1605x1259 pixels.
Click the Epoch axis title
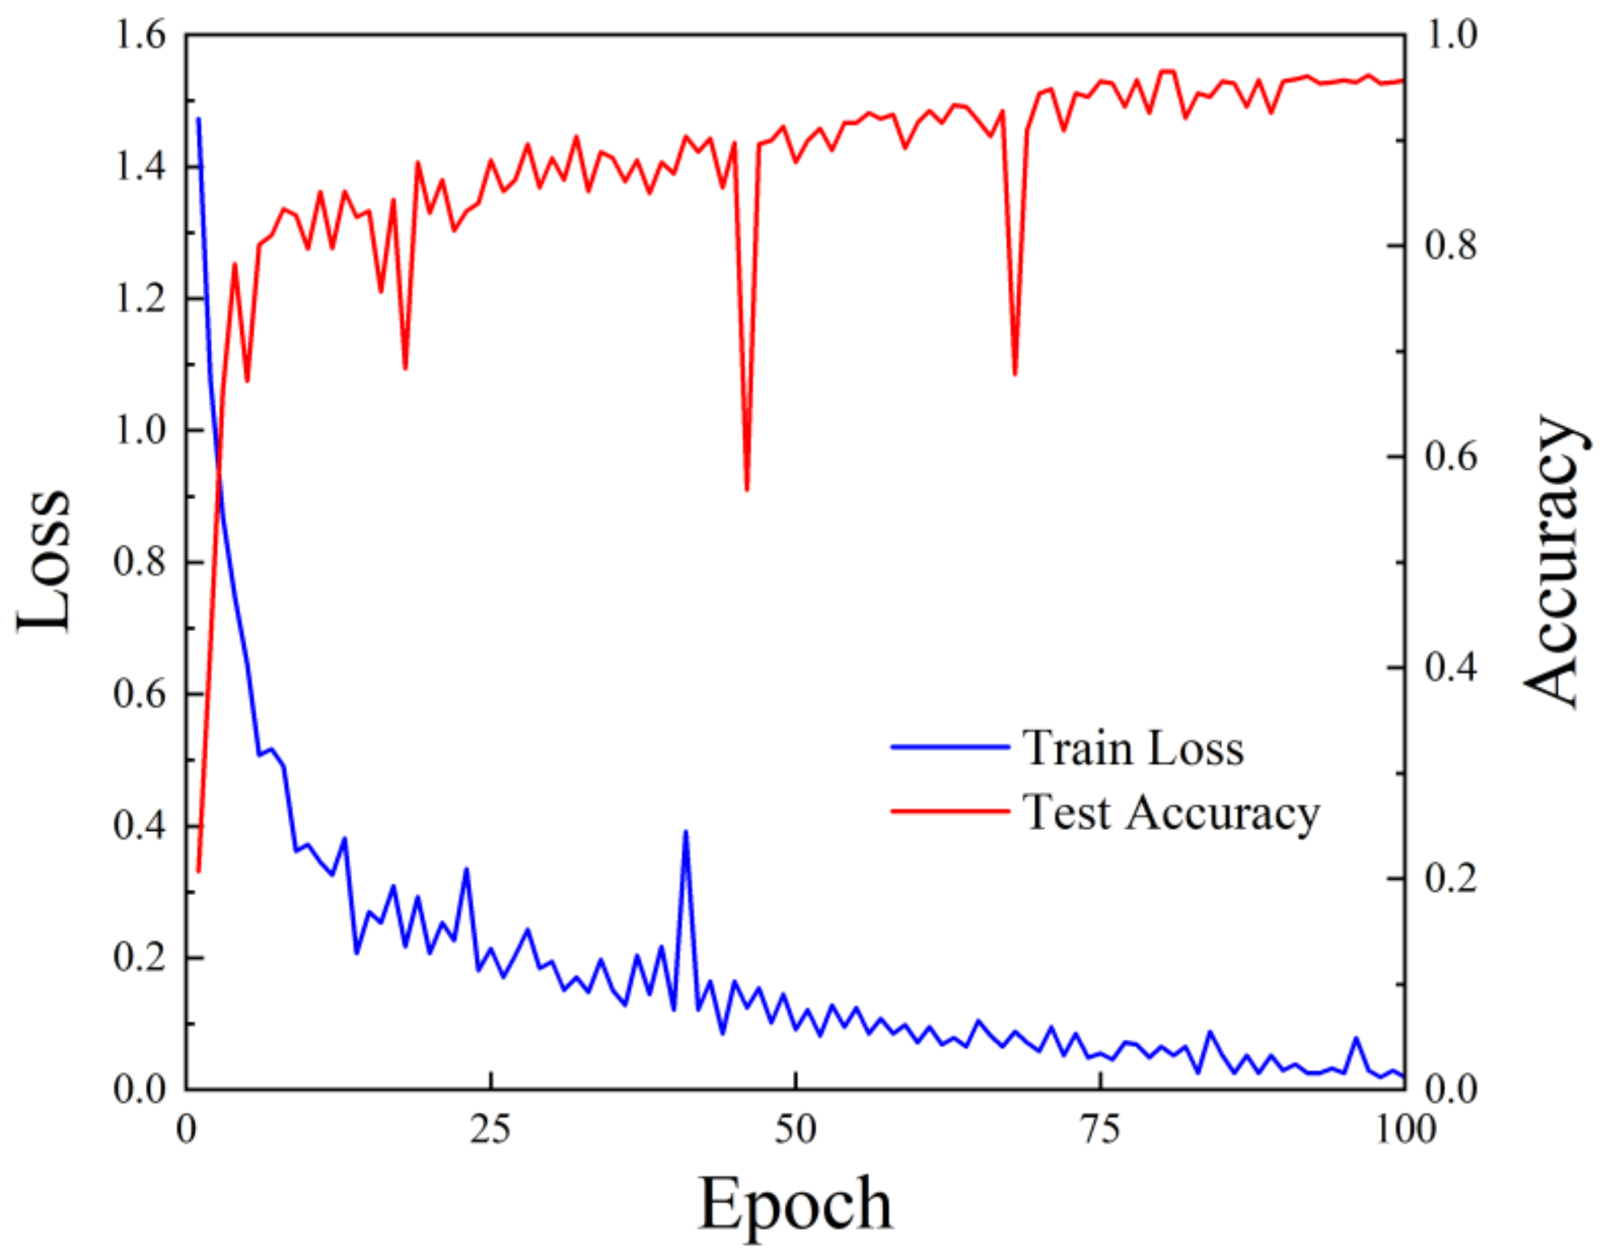coord(795,1204)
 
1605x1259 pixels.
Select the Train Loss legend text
coord(1133,749)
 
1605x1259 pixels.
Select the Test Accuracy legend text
coord(1171,813)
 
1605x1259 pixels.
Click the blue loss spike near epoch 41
coord(686,832)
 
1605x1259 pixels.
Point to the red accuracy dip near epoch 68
coord(1015,374)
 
